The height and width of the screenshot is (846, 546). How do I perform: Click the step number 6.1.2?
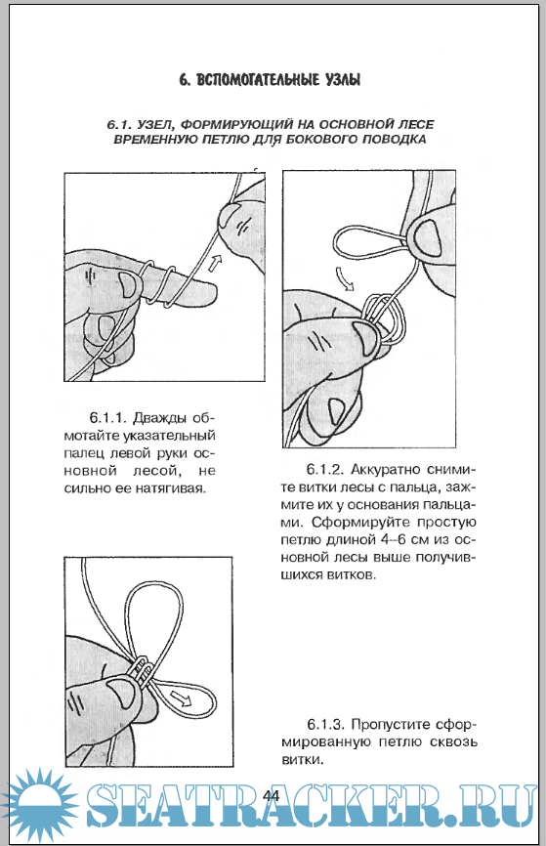(326, 470)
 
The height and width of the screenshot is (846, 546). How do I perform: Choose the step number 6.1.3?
(326, 724)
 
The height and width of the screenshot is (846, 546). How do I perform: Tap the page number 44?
(272, 796)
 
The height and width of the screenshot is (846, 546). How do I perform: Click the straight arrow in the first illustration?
(214, 265)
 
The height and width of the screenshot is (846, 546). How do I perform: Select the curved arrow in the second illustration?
(345, 277)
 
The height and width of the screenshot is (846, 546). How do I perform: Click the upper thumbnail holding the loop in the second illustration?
(427, 239)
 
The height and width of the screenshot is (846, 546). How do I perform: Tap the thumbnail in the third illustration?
(123, 695)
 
